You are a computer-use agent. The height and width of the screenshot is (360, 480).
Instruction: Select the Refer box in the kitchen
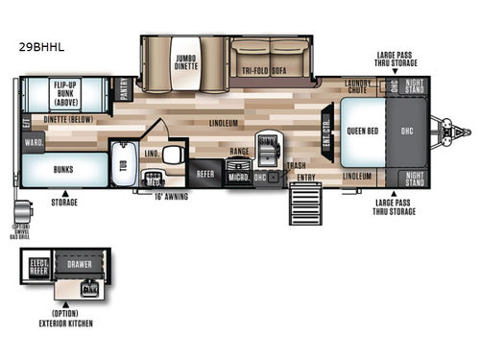[x=205, y=174]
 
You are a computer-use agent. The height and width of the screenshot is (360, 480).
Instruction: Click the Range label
[x=238, y=151]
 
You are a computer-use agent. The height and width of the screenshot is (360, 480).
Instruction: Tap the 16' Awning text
[x=172, y=196]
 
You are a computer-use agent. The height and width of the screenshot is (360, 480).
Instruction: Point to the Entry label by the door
[x=305, y=178]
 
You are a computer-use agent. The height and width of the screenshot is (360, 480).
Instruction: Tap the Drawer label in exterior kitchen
[x=79, y=260]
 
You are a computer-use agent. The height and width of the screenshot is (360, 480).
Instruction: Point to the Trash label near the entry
[x=297, y=165]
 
